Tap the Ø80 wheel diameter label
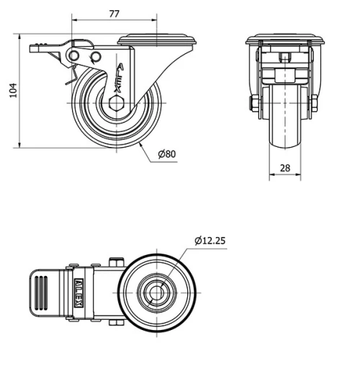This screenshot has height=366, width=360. click(166, 153)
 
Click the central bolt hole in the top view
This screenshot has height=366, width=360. click(156, 292)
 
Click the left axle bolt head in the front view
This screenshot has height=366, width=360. click(253, 107)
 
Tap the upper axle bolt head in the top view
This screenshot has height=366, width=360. click(114, 262)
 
